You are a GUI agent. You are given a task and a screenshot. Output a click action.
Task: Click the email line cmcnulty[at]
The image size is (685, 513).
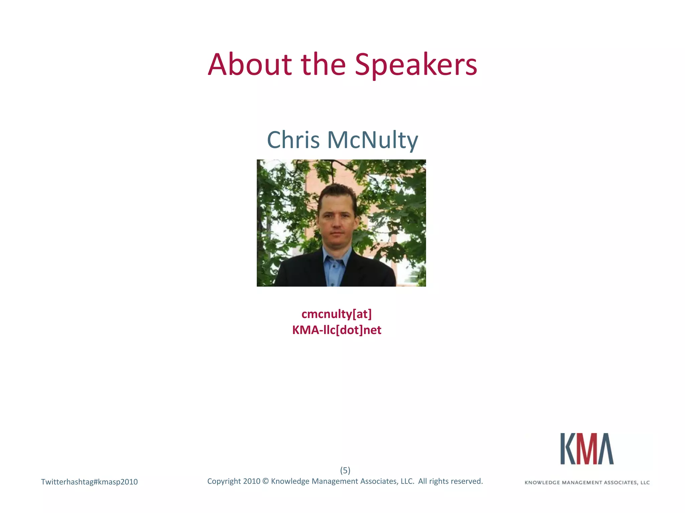click(x=336, y=314)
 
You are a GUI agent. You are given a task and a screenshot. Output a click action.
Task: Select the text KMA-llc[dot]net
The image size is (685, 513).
click(x=336, y=330)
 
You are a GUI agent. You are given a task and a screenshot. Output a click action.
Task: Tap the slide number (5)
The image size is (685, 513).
click(x=345, y=470)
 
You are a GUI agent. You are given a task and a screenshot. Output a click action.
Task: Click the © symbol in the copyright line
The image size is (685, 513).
click(x=266, y=481)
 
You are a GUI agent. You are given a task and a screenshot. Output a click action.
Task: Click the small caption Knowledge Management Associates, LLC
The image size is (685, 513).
click(x=587, y=482)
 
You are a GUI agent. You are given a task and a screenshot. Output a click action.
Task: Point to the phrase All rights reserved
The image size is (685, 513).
click(x=450, y=481)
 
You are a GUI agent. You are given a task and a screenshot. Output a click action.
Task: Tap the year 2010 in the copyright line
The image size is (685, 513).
click(x=252, y=481)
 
